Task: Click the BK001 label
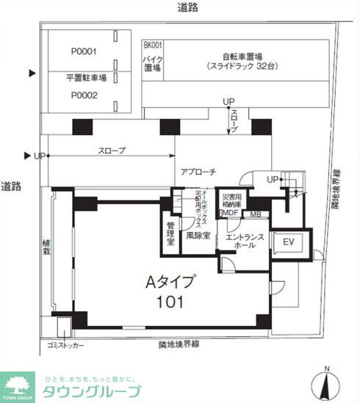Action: click(x=151, y=45)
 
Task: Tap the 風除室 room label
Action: click(x=198, y=236)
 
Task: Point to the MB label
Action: click(x=256, y=214)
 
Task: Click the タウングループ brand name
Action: click(x=92, y=389)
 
